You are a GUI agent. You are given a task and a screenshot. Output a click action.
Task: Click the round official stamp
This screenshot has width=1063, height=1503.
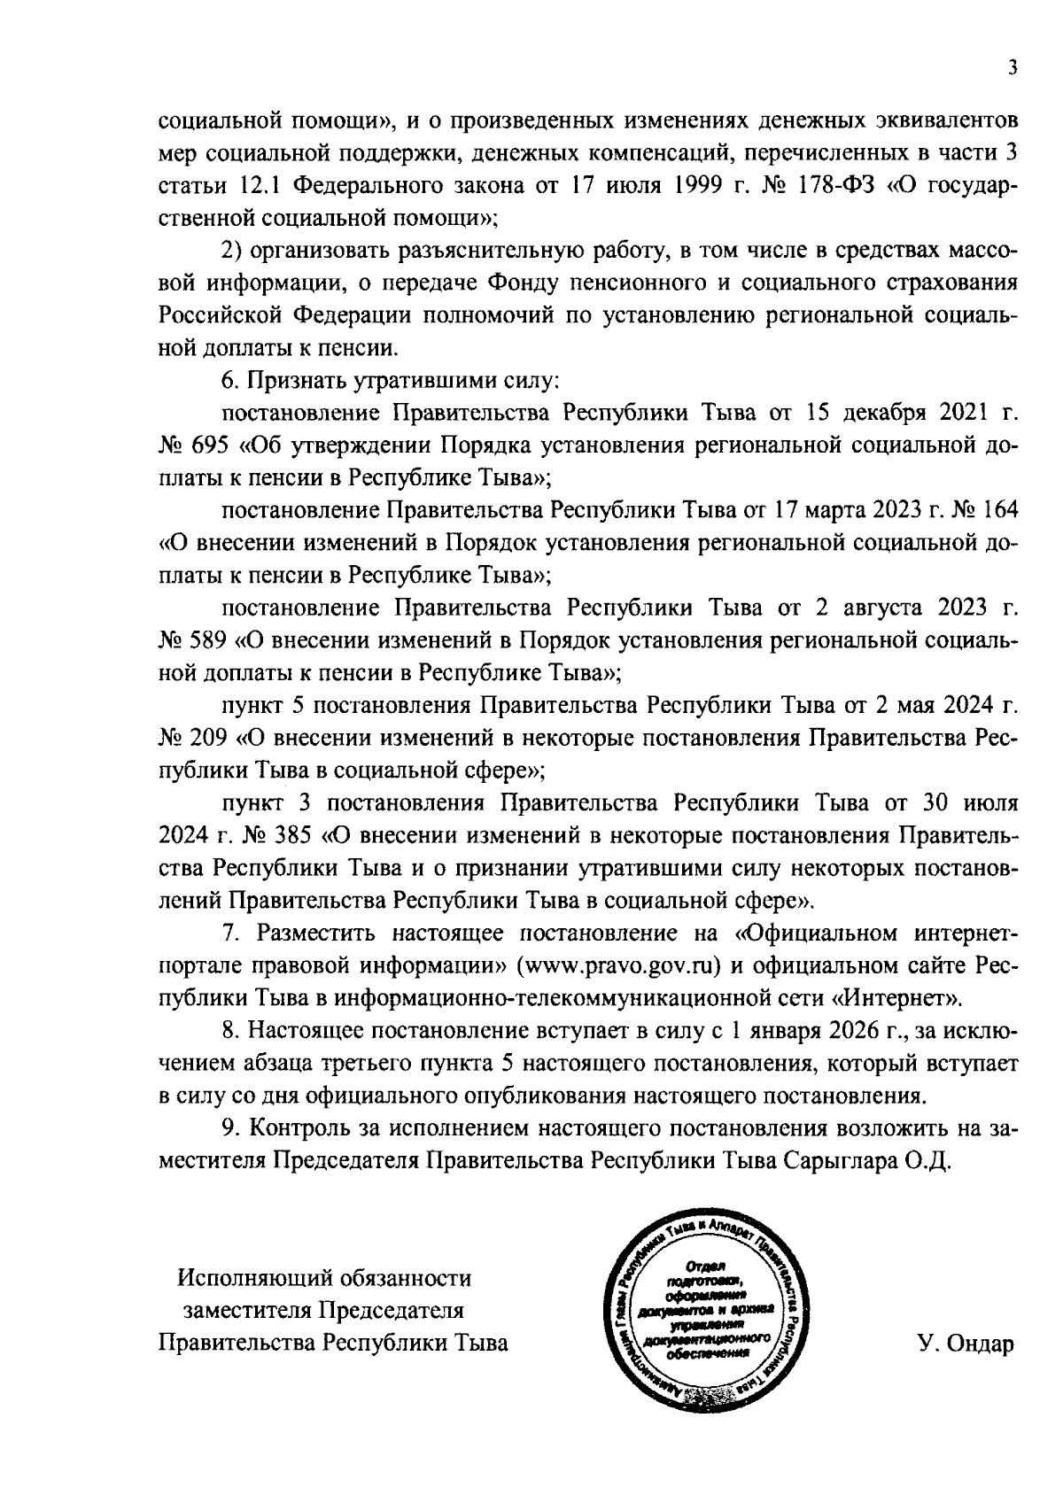point(700,1311)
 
